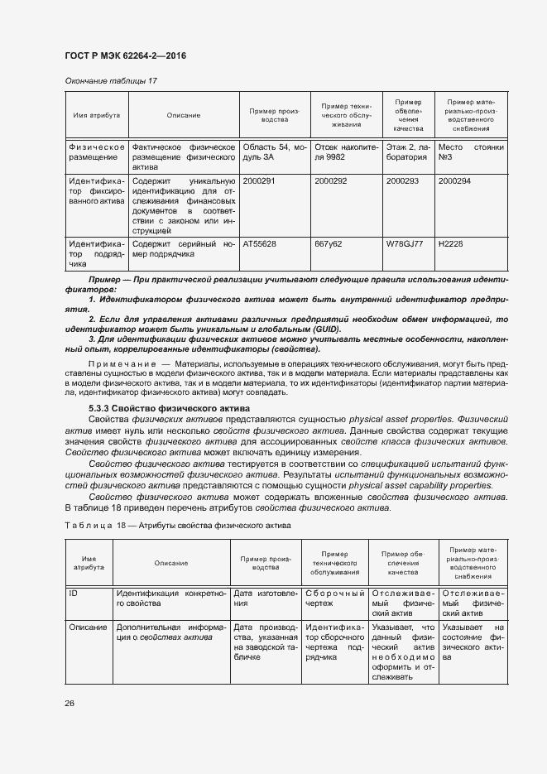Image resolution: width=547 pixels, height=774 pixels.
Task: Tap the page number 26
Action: tap(70, 703)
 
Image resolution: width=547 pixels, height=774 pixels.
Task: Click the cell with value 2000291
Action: tap(259, 179)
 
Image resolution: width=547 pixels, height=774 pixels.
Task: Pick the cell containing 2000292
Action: tap(331, 179)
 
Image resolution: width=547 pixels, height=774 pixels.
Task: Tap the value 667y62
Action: tap(329, 244)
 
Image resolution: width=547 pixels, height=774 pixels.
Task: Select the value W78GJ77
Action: tap(405, 244)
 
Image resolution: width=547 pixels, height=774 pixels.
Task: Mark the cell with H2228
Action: tap(451, 244)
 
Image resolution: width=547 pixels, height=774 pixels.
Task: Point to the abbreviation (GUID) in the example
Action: tap(325, 329)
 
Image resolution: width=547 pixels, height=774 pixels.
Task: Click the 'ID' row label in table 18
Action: tap(74, 594)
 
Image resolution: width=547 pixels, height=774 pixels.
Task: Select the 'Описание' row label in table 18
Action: tap(88, 627)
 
